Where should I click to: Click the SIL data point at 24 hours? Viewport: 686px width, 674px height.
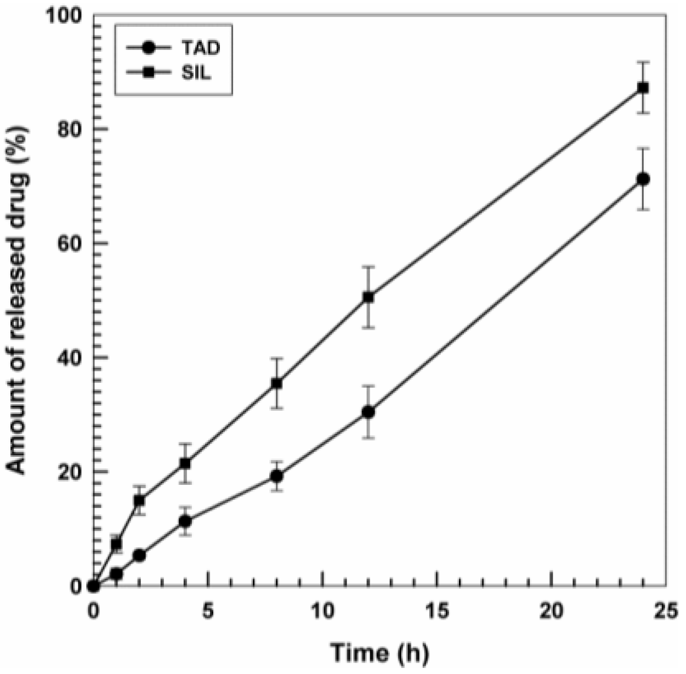click(x=643, y=87)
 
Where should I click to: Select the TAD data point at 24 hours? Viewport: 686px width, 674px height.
click(x=643, y=179)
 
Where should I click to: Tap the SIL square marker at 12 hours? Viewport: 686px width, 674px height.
click(x=368, y=297)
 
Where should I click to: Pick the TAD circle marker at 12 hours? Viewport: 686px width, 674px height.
click(x=368, y=412)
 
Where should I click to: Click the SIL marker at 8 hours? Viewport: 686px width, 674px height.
click(x=277, y=383)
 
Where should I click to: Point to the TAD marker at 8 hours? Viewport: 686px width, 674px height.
click(x=277, y=476)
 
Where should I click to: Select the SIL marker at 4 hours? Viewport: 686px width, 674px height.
click(x=185, y=463)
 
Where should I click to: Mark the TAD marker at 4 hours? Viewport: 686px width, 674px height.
click(x=185, y=521)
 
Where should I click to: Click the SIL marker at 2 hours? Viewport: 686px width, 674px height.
click(x=139, y=500)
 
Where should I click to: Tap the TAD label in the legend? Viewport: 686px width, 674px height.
click(x=201, y=48)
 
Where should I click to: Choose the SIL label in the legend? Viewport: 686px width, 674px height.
click(x=196, y=73)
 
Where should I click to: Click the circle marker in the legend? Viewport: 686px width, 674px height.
click(x=148, y=48)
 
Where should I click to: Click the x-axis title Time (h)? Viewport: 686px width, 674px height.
click(x=379, y=653)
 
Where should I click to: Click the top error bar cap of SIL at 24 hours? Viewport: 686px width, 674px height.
click(x=643, y=62)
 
